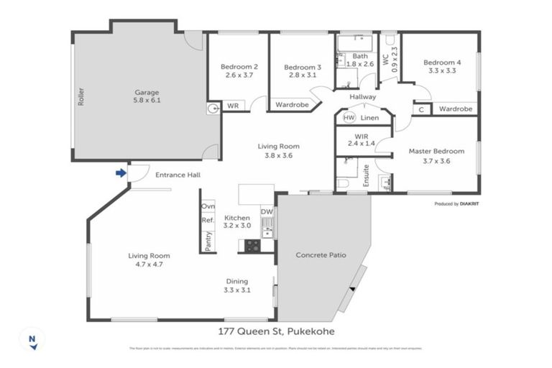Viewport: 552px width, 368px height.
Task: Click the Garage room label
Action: point(146,92)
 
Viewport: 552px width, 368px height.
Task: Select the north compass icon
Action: point(32,339)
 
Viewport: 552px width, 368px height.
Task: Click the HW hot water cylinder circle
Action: point(349,117)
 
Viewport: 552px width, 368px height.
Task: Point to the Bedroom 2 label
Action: point(237,67)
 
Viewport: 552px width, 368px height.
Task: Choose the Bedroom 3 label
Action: point(302,67)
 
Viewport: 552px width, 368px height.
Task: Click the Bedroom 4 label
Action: point(442,63)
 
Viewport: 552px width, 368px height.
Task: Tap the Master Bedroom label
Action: point(436,151)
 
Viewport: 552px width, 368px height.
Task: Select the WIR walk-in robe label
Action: point(362,136)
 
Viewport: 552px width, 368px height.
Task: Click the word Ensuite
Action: point(366,175)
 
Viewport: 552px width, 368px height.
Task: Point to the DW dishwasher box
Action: point(267,212)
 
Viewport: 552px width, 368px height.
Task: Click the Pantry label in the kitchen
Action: point(208,241)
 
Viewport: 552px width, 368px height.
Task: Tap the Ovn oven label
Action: point(208,206)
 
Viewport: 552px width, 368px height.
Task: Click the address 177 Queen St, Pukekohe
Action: point(276,331)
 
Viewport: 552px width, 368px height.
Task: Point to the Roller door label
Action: point(80,97)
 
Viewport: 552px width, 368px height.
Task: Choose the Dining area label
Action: point(236,281)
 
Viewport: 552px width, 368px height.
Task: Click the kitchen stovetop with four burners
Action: point(252,245)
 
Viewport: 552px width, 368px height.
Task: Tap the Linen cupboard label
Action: point(371,117)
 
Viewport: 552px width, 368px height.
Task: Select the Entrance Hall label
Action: point(178,175)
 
